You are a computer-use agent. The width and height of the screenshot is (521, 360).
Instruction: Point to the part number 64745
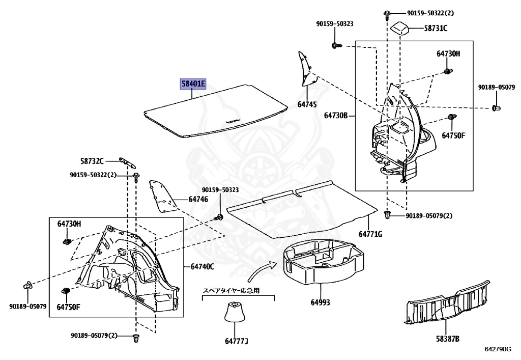tap(307, 104)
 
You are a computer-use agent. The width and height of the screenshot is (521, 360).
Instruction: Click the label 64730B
tap(336, 116)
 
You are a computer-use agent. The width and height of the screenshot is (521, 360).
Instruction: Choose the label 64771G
tap(370, 234)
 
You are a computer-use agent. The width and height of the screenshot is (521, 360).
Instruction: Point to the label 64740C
tap(202, 266)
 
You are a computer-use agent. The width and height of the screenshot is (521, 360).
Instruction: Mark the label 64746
tap(198, 199)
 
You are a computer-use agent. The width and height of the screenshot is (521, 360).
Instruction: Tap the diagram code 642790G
tap(498, 349)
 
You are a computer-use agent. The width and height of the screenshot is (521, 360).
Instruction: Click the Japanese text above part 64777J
tap(231, 291)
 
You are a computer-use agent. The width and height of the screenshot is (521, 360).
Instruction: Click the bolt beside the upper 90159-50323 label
tap(335, 46)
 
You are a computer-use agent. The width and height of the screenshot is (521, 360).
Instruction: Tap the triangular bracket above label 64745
tap(305, 69)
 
